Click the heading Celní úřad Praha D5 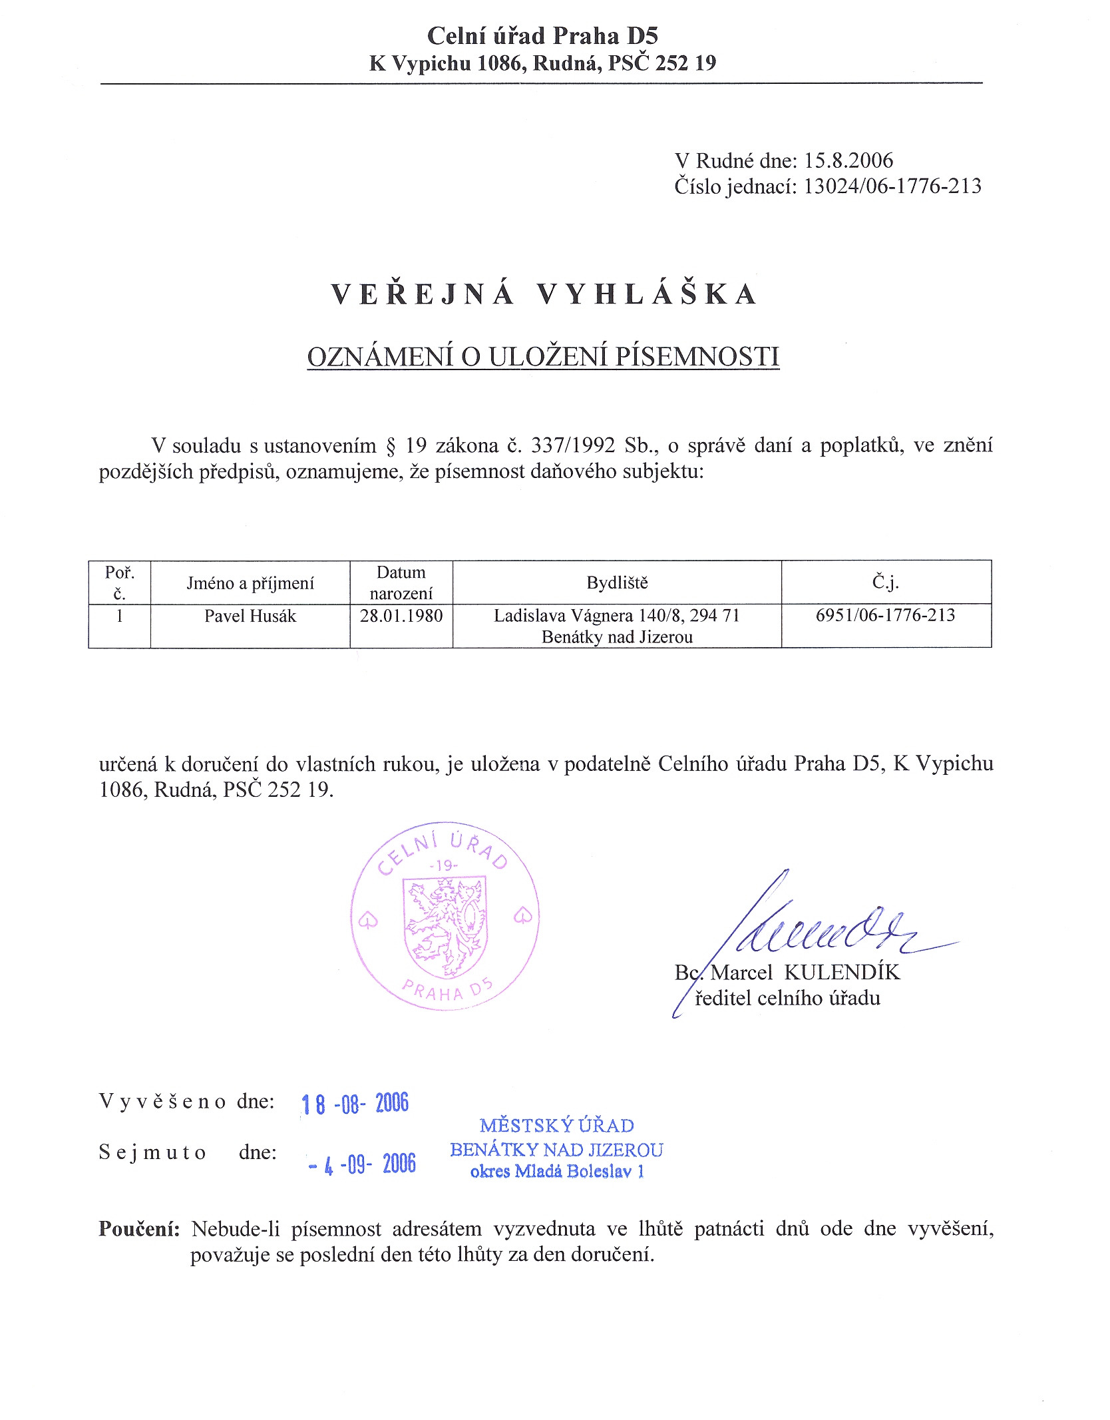(x=542, y=36)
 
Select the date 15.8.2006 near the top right (x=848, y=160)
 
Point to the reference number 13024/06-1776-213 (x=892, y=186)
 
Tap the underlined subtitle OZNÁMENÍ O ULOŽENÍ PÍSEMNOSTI (x=543, y=357)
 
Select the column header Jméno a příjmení (x=250, y=583)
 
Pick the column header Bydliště (x=617, y=583)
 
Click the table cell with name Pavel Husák (x=250, y=616)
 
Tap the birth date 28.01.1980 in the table (x=401, y=615)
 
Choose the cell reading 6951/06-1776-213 (x=885, y=615)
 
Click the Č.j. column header (x=886, y=583)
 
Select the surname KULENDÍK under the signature (x=842, y=973)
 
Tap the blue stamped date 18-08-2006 (x=355, y=1104)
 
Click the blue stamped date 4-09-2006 (x=363, y=1164)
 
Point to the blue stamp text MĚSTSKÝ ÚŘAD (x=556, y=1126)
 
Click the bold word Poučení (x=139, y=1229)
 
